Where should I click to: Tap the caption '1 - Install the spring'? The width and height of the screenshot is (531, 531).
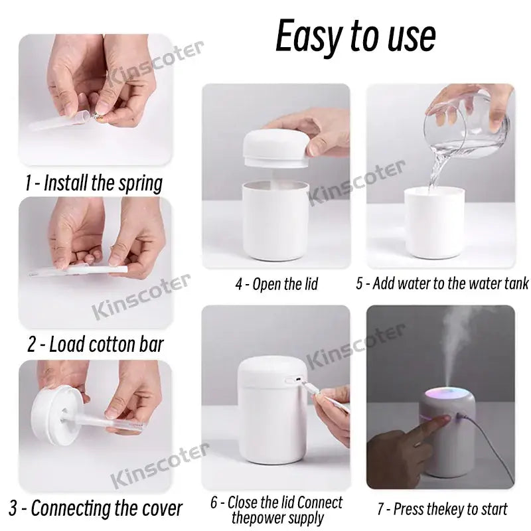click(x=94, y=183)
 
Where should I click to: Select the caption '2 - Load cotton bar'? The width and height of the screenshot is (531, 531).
click(x=95, y=344)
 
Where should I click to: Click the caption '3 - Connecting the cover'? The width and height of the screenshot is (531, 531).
click(x=97, y=508)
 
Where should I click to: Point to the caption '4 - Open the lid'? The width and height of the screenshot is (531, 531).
click(x=276, y=284)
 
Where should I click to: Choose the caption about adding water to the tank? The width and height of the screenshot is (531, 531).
click(x=442, y=284)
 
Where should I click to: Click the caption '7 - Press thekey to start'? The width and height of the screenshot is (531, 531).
click(x=442, y=509)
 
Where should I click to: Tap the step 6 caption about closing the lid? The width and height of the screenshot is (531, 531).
click(x=277, y=509)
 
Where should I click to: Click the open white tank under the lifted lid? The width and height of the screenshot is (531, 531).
click(x=275, y=219)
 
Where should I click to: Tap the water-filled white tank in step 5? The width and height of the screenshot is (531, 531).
click(x=434, y=222)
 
